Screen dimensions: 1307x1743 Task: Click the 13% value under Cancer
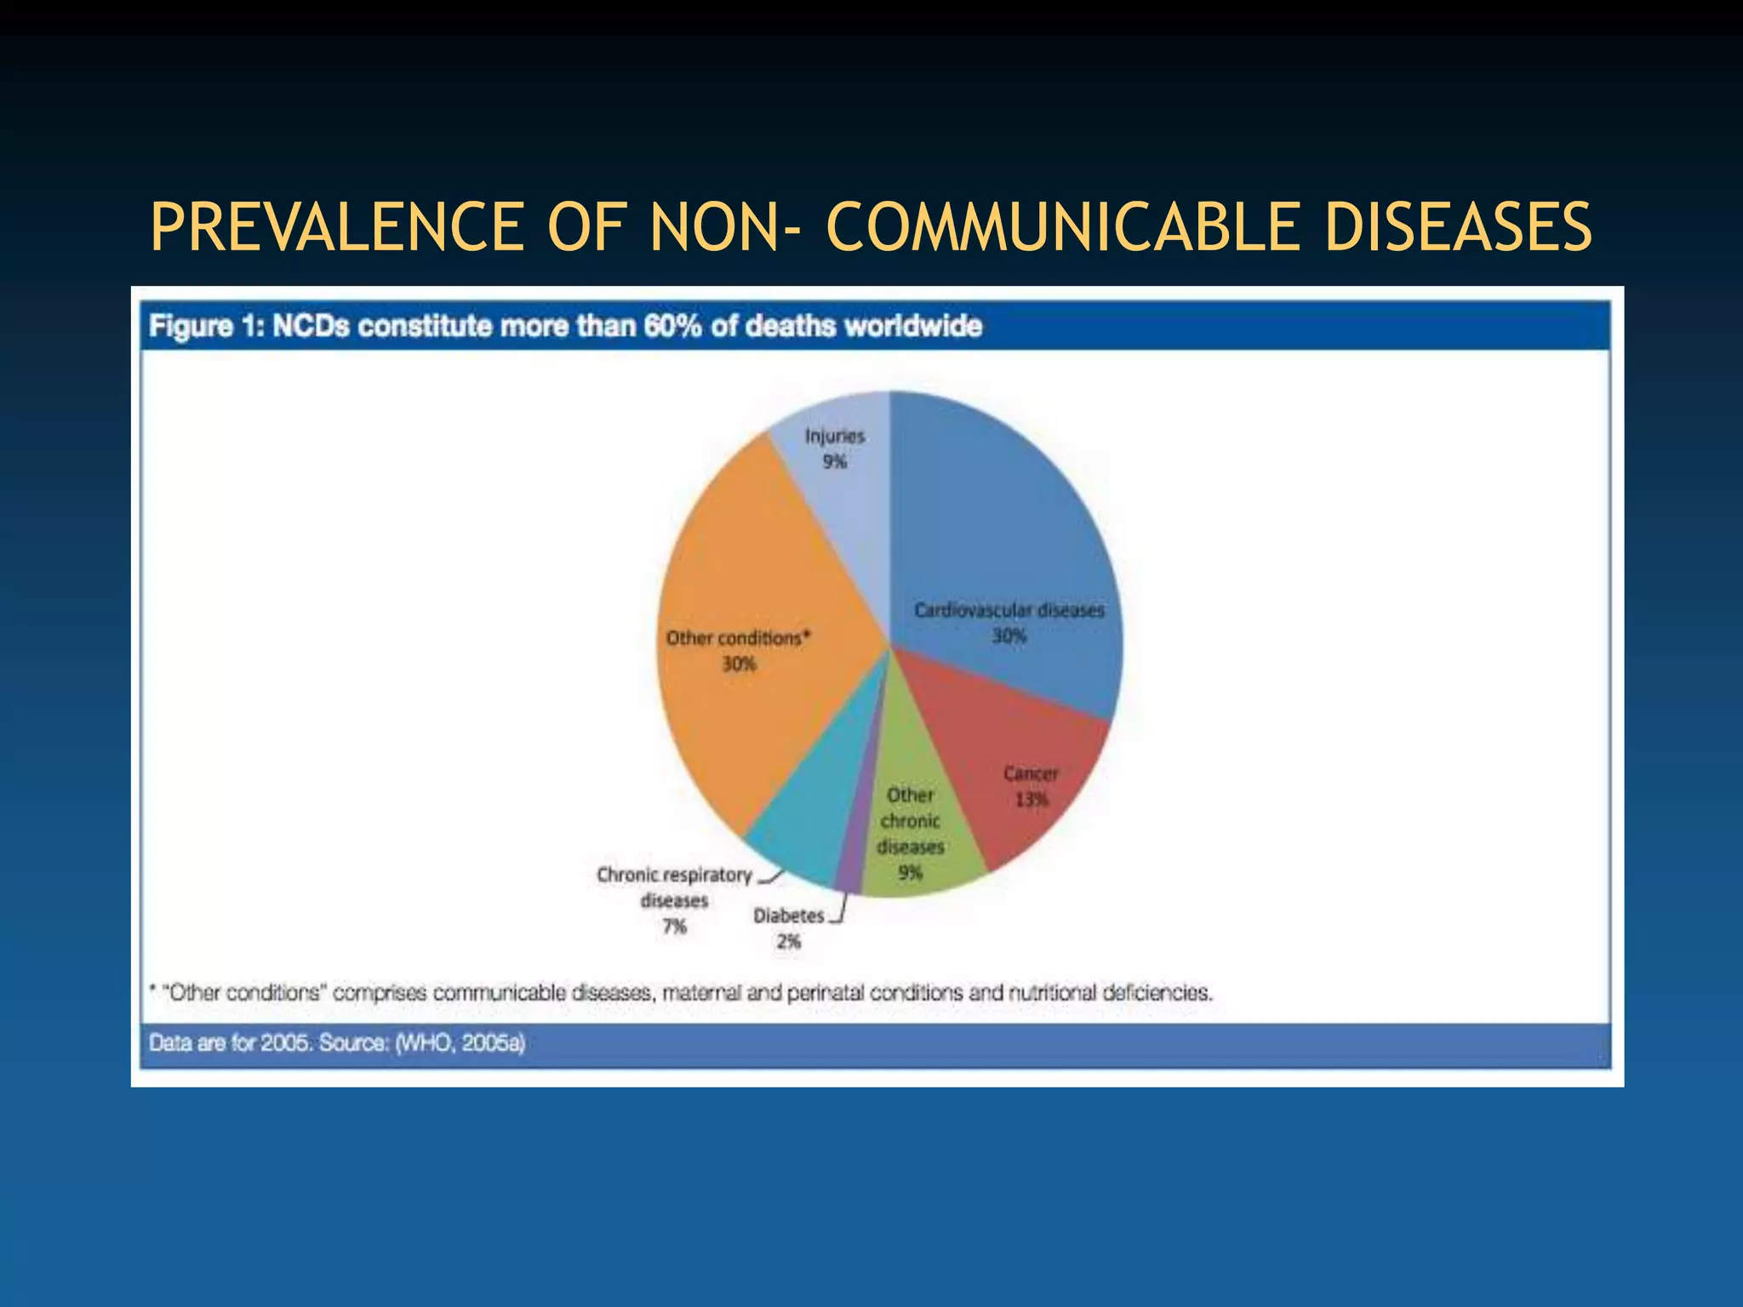(x=1032, y=800)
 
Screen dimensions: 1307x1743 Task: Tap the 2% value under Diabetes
(x=789, y=941)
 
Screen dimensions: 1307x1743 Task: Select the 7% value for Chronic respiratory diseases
(x=675, y=927)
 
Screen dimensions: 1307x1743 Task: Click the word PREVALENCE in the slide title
(x=337, y=227)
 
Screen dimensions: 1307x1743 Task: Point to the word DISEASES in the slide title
(x=1458, y=227)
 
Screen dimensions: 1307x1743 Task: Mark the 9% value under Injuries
(x=834, y=462)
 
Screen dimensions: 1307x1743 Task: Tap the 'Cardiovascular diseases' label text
(x=1009, y=610)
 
